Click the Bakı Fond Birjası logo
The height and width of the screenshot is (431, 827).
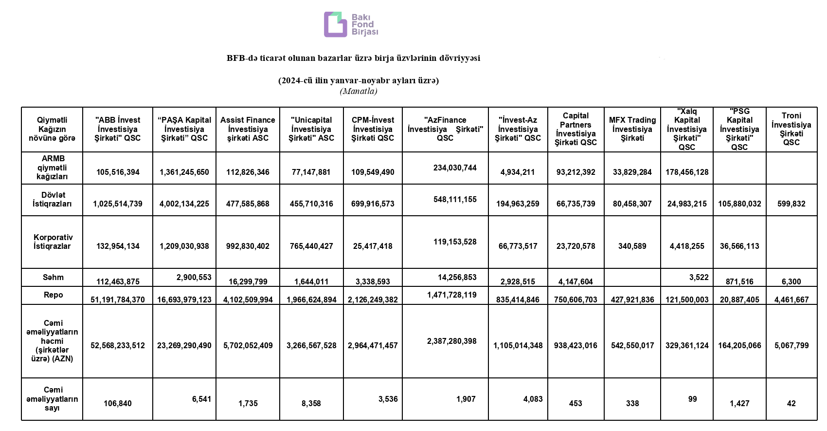(x=351, y=24)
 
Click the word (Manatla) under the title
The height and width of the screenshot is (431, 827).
(x=358, y=91)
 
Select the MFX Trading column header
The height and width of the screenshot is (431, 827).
(x=632, y=129)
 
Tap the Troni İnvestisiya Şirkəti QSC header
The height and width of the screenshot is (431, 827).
(x=791, y=129)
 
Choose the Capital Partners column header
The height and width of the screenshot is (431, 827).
(x=575, y=129)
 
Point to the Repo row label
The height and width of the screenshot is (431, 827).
(x=53, y=295)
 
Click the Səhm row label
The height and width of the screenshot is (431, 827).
(x=53, y=277)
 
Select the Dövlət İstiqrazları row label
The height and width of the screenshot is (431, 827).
(x=53, y=199)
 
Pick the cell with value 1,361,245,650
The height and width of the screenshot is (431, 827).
(x=184, y=172)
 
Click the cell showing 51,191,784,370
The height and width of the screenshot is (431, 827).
(x=118, y=300)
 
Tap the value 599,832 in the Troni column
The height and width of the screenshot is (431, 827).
(x=791, y=204)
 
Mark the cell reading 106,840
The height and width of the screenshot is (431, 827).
(x=118, y=403)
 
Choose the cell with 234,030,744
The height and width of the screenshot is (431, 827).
(x=455, y=168)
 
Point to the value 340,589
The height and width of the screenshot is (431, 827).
(x=632, y=246)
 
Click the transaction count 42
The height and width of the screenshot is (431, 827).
(x=791, y=403)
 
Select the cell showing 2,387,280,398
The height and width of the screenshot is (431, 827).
(x=452, y=341)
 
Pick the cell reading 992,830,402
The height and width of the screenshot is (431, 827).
(x=248, y=246)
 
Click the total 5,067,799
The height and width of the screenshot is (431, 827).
(x=791, y=345)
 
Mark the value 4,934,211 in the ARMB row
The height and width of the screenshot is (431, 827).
(x=518, y=172)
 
